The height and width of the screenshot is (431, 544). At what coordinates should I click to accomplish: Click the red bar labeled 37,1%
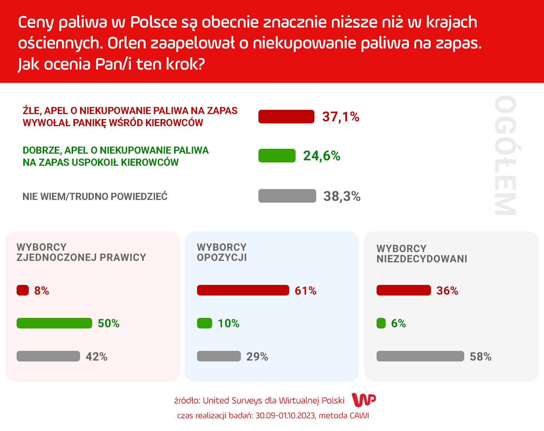(x=286, y=117)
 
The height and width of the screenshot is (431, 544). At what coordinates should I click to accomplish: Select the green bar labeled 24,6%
(x=277, y=156)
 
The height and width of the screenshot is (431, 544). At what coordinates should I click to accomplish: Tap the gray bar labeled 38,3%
(x=287, y=196)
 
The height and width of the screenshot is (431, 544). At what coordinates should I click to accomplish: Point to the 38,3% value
(x=342, y=196)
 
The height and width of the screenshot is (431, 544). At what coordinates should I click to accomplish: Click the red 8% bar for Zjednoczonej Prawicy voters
(x=23, y=290)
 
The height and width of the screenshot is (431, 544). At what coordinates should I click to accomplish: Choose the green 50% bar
(x=54, y=323)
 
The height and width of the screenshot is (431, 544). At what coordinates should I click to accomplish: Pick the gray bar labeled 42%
(x=48, y=356)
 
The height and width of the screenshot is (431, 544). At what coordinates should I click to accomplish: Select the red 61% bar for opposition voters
(x=243, y=290)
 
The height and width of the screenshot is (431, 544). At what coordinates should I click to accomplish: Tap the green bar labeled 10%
(x=205, y=323)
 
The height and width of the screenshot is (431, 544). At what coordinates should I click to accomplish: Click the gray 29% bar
(x=219, y=356)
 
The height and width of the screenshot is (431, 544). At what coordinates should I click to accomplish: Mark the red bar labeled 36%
(x=403, y=290)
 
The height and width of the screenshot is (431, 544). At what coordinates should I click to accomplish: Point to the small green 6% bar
(x=381, y=323)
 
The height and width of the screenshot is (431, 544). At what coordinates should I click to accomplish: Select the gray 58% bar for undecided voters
(x=420, y=356)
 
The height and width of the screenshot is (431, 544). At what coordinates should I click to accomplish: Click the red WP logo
(x=364, y=400)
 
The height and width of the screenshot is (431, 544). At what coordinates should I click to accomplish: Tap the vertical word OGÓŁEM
(x=505, y=155)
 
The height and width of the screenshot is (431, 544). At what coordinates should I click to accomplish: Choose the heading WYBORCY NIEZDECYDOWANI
(x=422, y=254)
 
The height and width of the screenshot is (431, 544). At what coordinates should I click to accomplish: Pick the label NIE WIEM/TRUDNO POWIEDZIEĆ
(x=95, y=197)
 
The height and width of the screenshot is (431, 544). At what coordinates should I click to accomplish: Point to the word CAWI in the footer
(x=359, y=416)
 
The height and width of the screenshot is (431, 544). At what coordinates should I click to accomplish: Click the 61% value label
(x=306, y=291)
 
